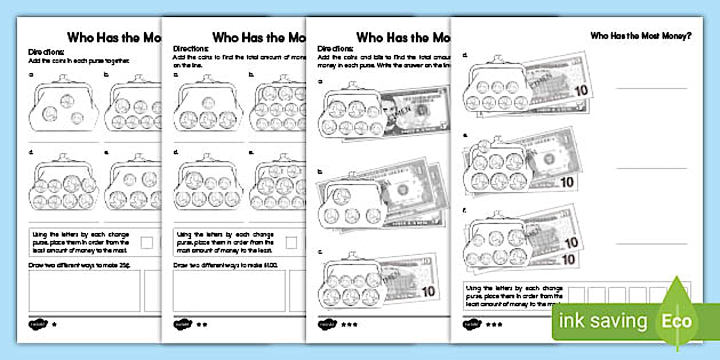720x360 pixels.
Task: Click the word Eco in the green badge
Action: click(x=677, y=321)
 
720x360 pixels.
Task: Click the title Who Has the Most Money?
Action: click(x=641, y=36)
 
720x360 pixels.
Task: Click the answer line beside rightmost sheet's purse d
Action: click(x=651, y=89)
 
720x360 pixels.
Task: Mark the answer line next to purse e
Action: click(x=651, y=168)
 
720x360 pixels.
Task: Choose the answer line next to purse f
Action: click(x=651, y=244)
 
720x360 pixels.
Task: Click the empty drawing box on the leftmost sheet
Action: click(x=84, y=290)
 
